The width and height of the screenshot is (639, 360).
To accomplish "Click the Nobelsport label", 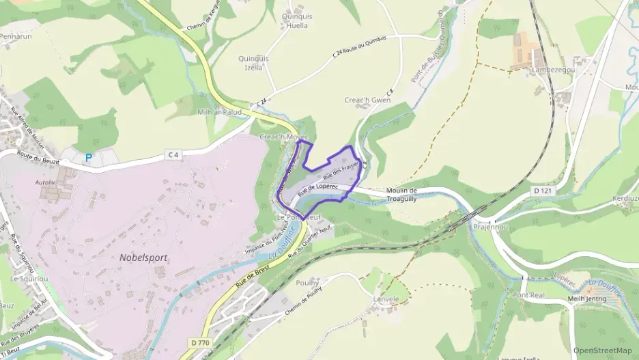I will tap(143, 258).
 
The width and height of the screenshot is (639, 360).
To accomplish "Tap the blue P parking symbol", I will tap(88, 158).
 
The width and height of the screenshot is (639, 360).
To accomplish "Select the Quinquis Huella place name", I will tap(296, 21).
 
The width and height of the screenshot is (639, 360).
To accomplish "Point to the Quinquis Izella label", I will tap(253, 63).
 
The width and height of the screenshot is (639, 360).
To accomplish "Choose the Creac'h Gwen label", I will tap(367, 100).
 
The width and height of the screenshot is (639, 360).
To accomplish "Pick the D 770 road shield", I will tap(199, 342).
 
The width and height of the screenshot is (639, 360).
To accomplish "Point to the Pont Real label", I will tap(528, 295).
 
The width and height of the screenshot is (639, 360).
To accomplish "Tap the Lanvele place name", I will tap(386, 299).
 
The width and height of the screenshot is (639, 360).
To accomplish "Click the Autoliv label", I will tap(45, 183).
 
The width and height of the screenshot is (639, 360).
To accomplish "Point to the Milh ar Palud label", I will tap(219, 112).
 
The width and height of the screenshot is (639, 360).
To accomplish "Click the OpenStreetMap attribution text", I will tap(602, 350).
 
